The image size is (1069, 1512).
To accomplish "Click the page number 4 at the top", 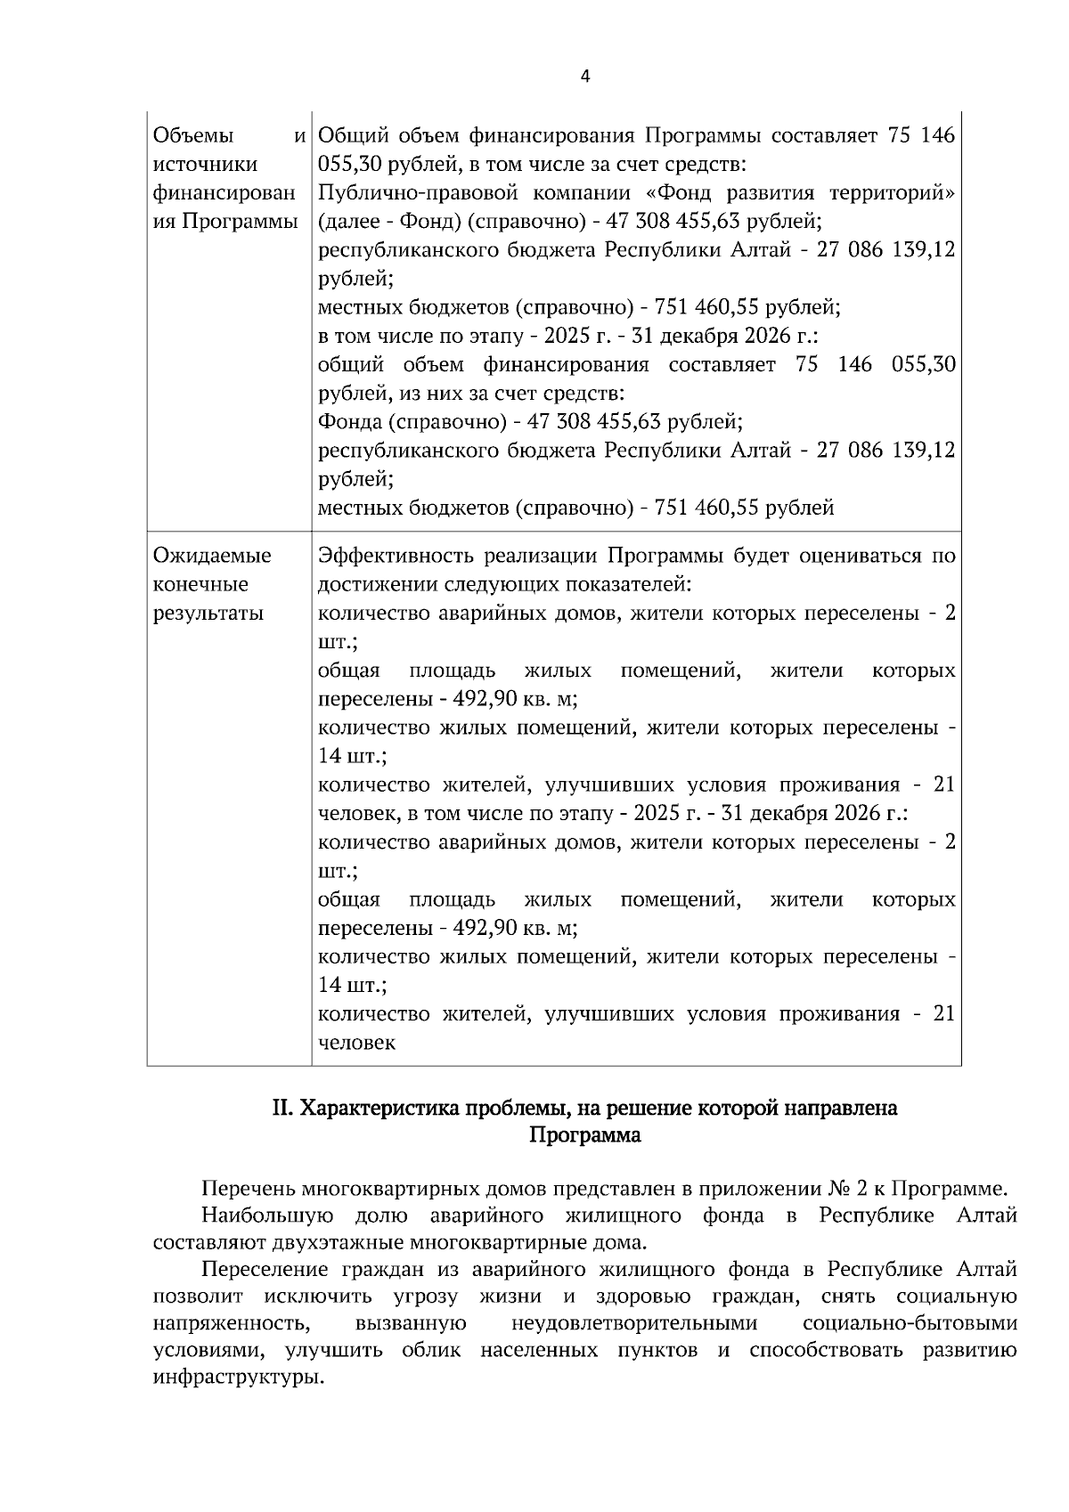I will pyautogui.click(x=585, y=77).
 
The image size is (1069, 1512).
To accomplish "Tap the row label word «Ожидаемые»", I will pyautogui.click(x=212, y=557).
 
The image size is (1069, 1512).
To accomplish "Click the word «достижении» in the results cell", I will pyautogui.click(x=374, y=585).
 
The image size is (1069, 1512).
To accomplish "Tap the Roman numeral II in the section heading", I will pyautogui.click(x=282, y=1109).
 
